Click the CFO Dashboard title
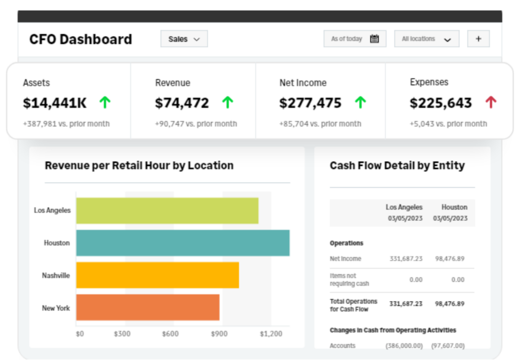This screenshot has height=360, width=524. [x=80, y=39]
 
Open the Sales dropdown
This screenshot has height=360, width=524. [x=184, y=39]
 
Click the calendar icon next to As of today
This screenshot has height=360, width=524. [x=374, y=39]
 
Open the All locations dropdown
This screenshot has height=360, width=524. [x=426, y=39]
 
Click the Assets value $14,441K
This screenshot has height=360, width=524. [x=55, y=103]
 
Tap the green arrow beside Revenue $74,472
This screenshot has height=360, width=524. [x=227, y=102]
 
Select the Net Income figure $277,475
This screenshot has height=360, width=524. [x=310, y=103]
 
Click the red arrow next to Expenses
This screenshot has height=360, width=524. [x=491, y=102]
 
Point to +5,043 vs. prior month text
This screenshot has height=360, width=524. [x=448, y=123]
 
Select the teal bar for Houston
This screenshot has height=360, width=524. [x=183, y=243]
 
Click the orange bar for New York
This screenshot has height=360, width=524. [x=148, y=308]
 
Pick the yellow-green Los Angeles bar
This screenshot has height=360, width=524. [x=167, y=210]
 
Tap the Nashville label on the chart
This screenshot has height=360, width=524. [x=56, y=276]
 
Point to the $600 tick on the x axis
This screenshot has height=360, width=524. [x=170, y=334]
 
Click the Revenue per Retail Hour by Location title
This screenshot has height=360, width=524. [x=139, y=165]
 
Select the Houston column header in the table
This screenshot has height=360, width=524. [x=454, y=207]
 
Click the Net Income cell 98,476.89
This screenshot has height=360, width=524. [x=449, y=259]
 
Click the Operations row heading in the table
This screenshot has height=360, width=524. [x=346, y=243]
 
